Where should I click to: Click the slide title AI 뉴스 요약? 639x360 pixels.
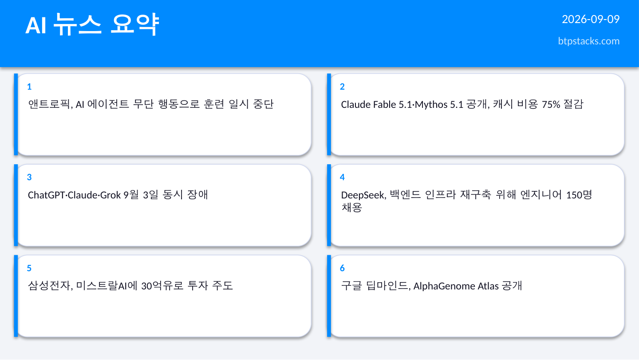tap(92, 24)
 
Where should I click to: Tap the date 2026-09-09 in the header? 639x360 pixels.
tap(591, 19)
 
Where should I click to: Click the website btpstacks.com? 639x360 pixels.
tap(588, 41)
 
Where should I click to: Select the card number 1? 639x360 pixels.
tap(29, 87)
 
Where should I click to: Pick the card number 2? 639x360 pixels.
tap(342, 87)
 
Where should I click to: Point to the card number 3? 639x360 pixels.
tap(29, 177)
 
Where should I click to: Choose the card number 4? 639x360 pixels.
tap(342, 177)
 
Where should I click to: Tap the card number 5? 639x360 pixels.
tap(29, 268)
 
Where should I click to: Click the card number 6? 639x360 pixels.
tap(342, 268)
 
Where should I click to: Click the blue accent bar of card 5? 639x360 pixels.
tap(16, 296)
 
